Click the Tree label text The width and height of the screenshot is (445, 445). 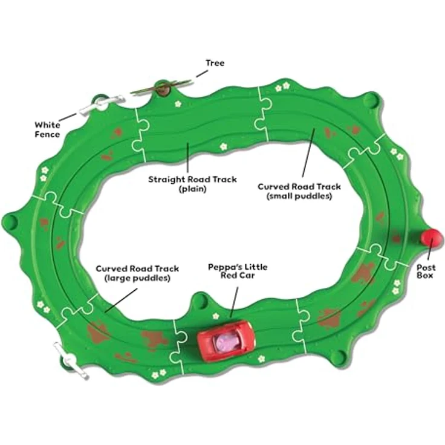215,63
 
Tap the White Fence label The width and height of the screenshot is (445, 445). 47,129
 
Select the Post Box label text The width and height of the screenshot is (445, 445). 426,271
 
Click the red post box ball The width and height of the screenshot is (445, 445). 432,238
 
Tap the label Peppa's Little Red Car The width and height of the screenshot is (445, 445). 238,271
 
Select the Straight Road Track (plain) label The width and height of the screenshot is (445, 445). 192,184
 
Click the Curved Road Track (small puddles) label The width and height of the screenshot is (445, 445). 299,191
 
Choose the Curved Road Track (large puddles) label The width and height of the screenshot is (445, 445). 137,273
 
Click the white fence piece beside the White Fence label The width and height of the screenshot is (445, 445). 102,105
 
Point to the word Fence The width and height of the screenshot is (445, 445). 47,134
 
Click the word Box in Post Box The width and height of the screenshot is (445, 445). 425,275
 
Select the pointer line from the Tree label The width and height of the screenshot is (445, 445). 202,73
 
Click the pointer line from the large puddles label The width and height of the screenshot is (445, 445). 121,300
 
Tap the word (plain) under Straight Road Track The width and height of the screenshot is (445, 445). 192,189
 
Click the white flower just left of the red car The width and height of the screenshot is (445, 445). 216,316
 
